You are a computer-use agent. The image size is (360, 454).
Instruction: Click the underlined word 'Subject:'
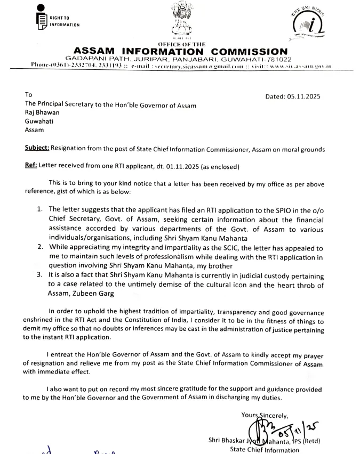click(38, 150)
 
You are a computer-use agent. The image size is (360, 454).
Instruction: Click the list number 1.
click(40, 209)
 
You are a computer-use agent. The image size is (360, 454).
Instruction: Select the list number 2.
click(40, 247)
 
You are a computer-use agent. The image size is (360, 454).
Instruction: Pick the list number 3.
click(40, 275)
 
